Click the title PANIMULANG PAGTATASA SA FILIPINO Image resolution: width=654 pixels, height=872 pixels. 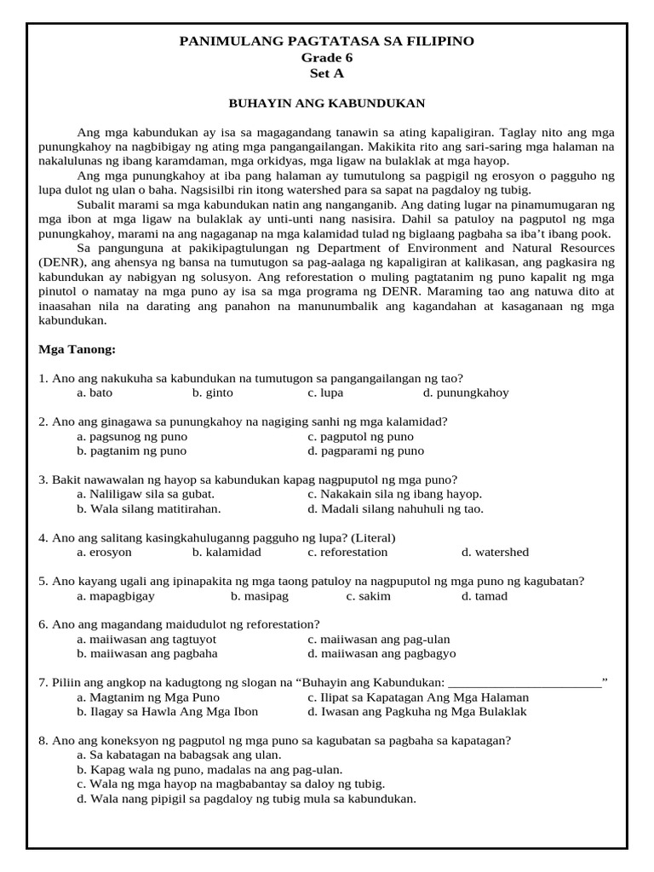tap(326, 42)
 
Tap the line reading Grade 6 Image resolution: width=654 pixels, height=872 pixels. tap(326, 58)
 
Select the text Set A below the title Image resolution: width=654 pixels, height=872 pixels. tap(326, 73)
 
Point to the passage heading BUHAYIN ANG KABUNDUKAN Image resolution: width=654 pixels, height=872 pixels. tap(326, 103)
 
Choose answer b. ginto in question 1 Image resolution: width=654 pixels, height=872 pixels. tap(212, 393)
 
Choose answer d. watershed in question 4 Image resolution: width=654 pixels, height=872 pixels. tap(495, 552)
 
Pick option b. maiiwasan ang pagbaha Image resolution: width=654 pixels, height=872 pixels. tap(146, 653)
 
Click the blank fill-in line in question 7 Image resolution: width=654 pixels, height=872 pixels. tap(524, 682)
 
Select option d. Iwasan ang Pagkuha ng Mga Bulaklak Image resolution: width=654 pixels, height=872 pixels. tap(417, 711)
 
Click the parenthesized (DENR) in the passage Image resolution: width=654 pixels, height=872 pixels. tap(58, 261)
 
